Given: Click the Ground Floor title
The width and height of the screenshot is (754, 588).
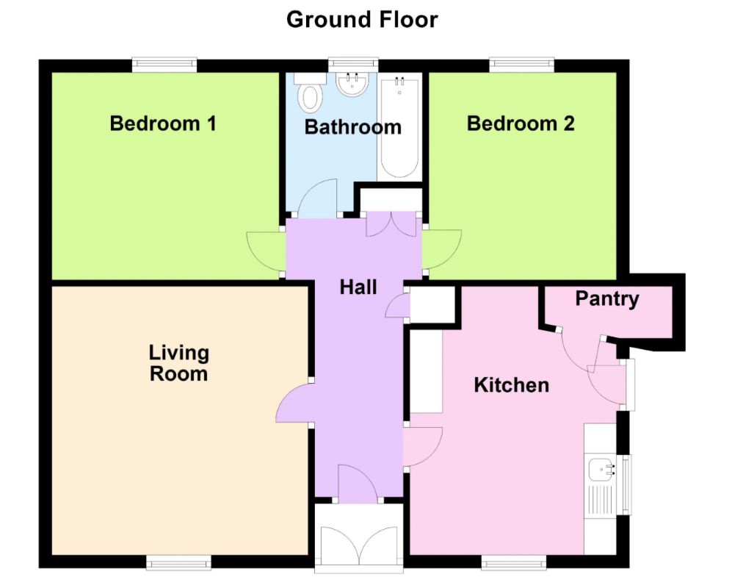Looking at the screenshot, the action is pos(362,20).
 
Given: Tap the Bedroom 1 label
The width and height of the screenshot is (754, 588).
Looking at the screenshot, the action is pos(163,123).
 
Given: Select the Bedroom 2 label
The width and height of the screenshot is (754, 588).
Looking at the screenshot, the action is pos(521,123).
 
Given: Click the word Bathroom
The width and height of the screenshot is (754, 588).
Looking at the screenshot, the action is pos(353,127).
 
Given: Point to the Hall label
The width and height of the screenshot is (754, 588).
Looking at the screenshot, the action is pos(358,287).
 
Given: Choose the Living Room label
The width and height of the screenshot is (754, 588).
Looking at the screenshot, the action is pos(179,363).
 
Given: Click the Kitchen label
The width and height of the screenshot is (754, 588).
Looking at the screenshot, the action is pos(512,385).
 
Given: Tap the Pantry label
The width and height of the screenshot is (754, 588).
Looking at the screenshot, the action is pos(607,299).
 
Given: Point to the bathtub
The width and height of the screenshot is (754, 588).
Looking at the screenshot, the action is pos(399,127).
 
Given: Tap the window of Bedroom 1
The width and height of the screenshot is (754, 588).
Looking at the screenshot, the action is pos(164,65).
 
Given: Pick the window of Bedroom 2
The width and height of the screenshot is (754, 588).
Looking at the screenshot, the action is pos(522,65).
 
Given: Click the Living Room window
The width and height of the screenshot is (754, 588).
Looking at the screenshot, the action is pos(178,562).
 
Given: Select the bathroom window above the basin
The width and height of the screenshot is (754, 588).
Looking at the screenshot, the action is pos(353,65).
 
